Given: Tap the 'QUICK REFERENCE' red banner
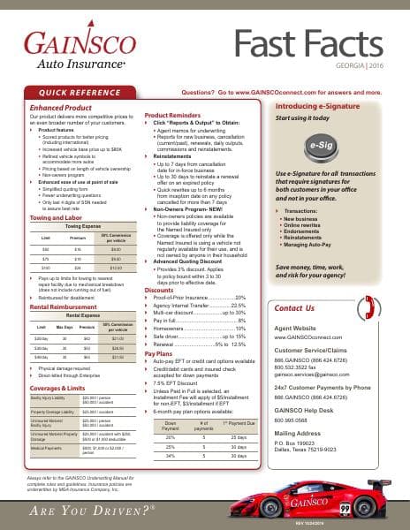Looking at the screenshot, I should coord(79,91).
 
